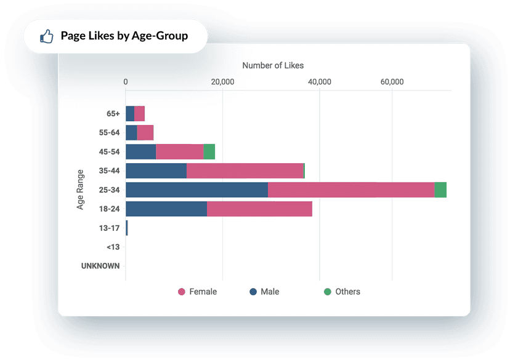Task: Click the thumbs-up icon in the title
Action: click(x=46, y=36)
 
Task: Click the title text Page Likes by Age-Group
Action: click(x=124, y=36)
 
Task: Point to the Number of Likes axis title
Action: click(x=272, y=65)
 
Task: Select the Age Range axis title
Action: click(x=80, y=190)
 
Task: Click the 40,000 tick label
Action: click(x=319, y=82)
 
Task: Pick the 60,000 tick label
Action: click(x=392, y=82)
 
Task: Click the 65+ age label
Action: click(x=113, y=114)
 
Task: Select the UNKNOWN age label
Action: click(x=100, y=266)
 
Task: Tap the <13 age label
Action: click(x=113, y=247)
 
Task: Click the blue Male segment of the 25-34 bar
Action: click(x=196, y=190)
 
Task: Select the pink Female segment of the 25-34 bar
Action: click(x=351, y=190)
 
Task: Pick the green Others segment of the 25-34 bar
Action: click(x=440, y=190)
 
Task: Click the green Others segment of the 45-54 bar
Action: click(x=209, y=152)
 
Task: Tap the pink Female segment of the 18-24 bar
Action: click(x=259, y=209)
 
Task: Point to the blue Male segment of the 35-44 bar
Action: click(x=156, y=171)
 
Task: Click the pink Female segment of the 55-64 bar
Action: click(x=145, y=133)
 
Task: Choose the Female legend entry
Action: click(x=197, y=292)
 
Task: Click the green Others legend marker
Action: click(x=328, y=292)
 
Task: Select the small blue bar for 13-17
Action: click(x=127, y=228)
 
